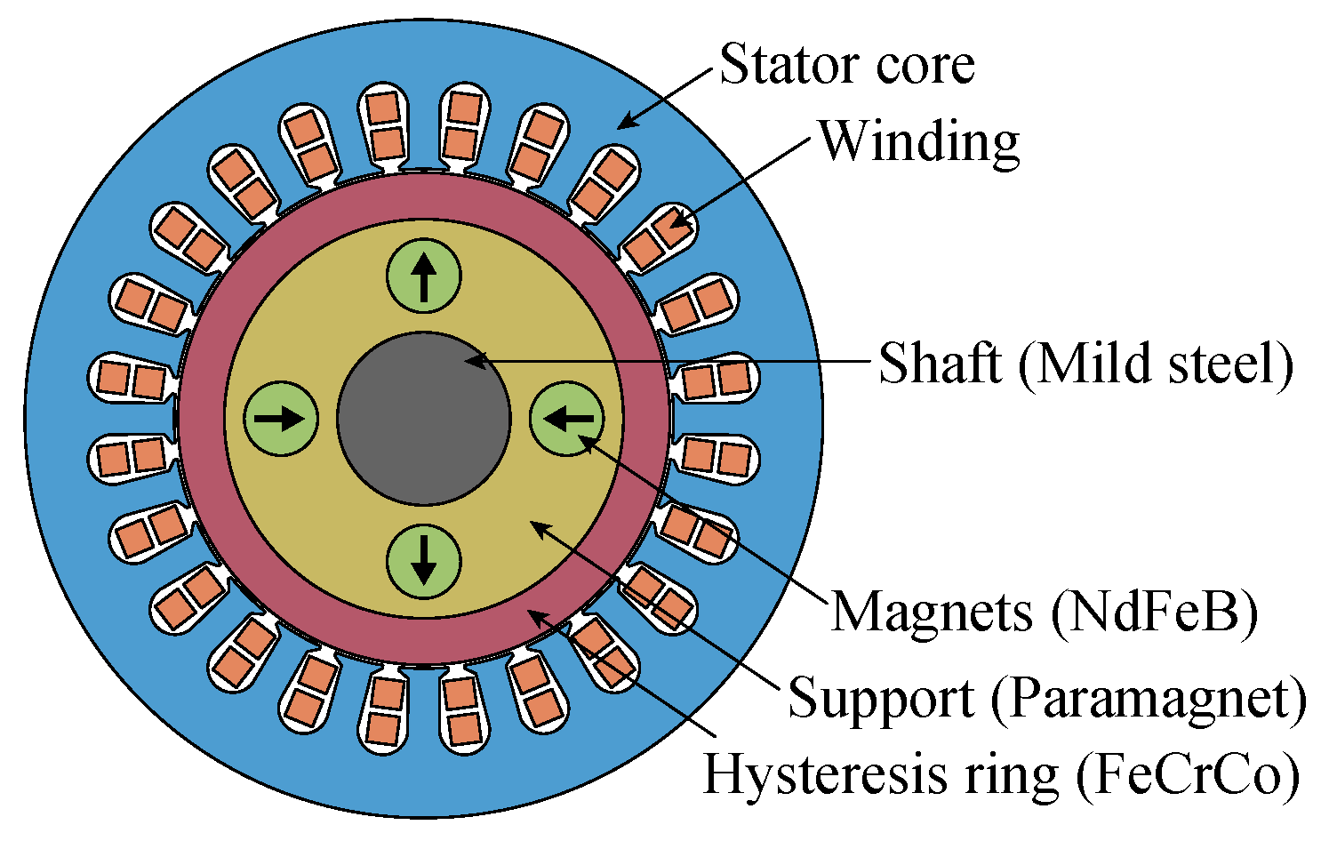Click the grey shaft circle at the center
pos(424,420)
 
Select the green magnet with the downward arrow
pos(424,563)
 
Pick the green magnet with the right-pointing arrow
pos(281,419)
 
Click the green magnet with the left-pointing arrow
pos(567,418)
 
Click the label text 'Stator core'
pos(846,65)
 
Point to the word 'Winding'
pos(918,142)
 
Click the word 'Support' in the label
pos(881,698)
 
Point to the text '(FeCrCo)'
pos(1187,773)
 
